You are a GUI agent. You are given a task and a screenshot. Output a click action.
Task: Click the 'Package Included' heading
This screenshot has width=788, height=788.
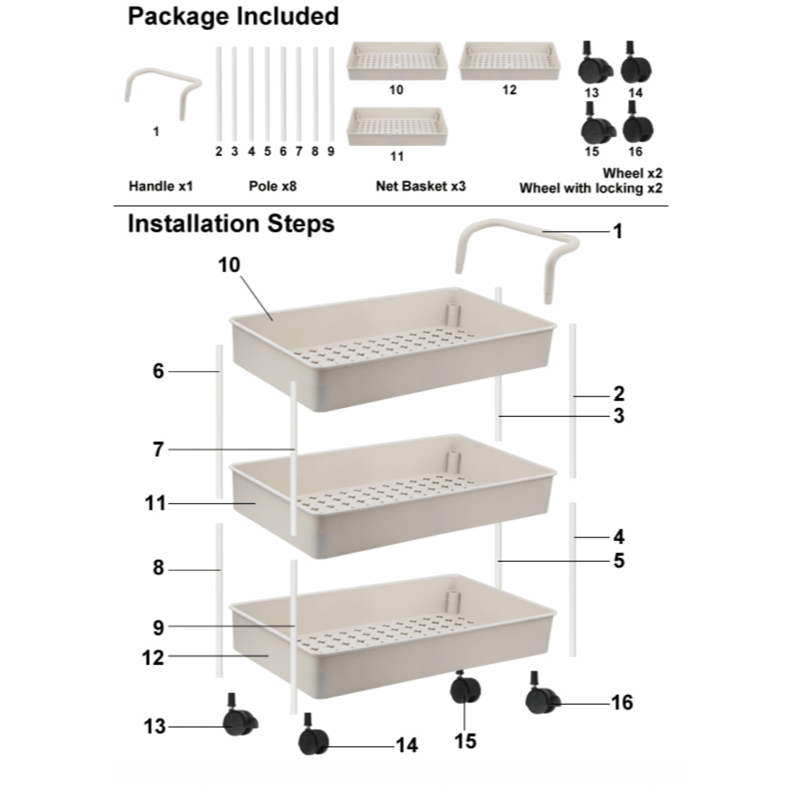[233, 16]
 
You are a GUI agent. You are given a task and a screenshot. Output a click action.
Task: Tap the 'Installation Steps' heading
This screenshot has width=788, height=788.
[231, 224]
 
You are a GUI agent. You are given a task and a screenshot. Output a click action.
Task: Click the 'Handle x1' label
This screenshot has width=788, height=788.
[161, 186]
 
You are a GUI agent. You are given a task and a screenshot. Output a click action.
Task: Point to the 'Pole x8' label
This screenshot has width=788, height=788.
[273, 186]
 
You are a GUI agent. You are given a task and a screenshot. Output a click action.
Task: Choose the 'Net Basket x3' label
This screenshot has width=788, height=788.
[420, 186]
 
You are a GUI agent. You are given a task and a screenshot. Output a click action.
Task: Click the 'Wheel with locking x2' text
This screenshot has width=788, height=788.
[590, 188]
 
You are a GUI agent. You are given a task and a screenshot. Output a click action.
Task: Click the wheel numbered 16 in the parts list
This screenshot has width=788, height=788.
[637, 127]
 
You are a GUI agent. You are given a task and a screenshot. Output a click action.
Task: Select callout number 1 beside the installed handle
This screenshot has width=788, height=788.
[618, 231]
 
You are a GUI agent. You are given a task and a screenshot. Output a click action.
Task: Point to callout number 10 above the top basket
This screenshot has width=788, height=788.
[229, 265]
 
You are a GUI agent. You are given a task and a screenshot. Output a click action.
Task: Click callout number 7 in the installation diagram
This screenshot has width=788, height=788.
[158, 450]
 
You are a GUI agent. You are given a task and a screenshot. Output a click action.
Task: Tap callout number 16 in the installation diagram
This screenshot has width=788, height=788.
[622, 702]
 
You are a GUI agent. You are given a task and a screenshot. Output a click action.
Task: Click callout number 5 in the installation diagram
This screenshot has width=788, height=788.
[619, 561]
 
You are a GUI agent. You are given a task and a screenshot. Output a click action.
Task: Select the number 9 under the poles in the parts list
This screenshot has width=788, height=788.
[331, 151]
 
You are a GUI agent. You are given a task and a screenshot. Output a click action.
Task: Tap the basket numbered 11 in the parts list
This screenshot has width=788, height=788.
[397, 127]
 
